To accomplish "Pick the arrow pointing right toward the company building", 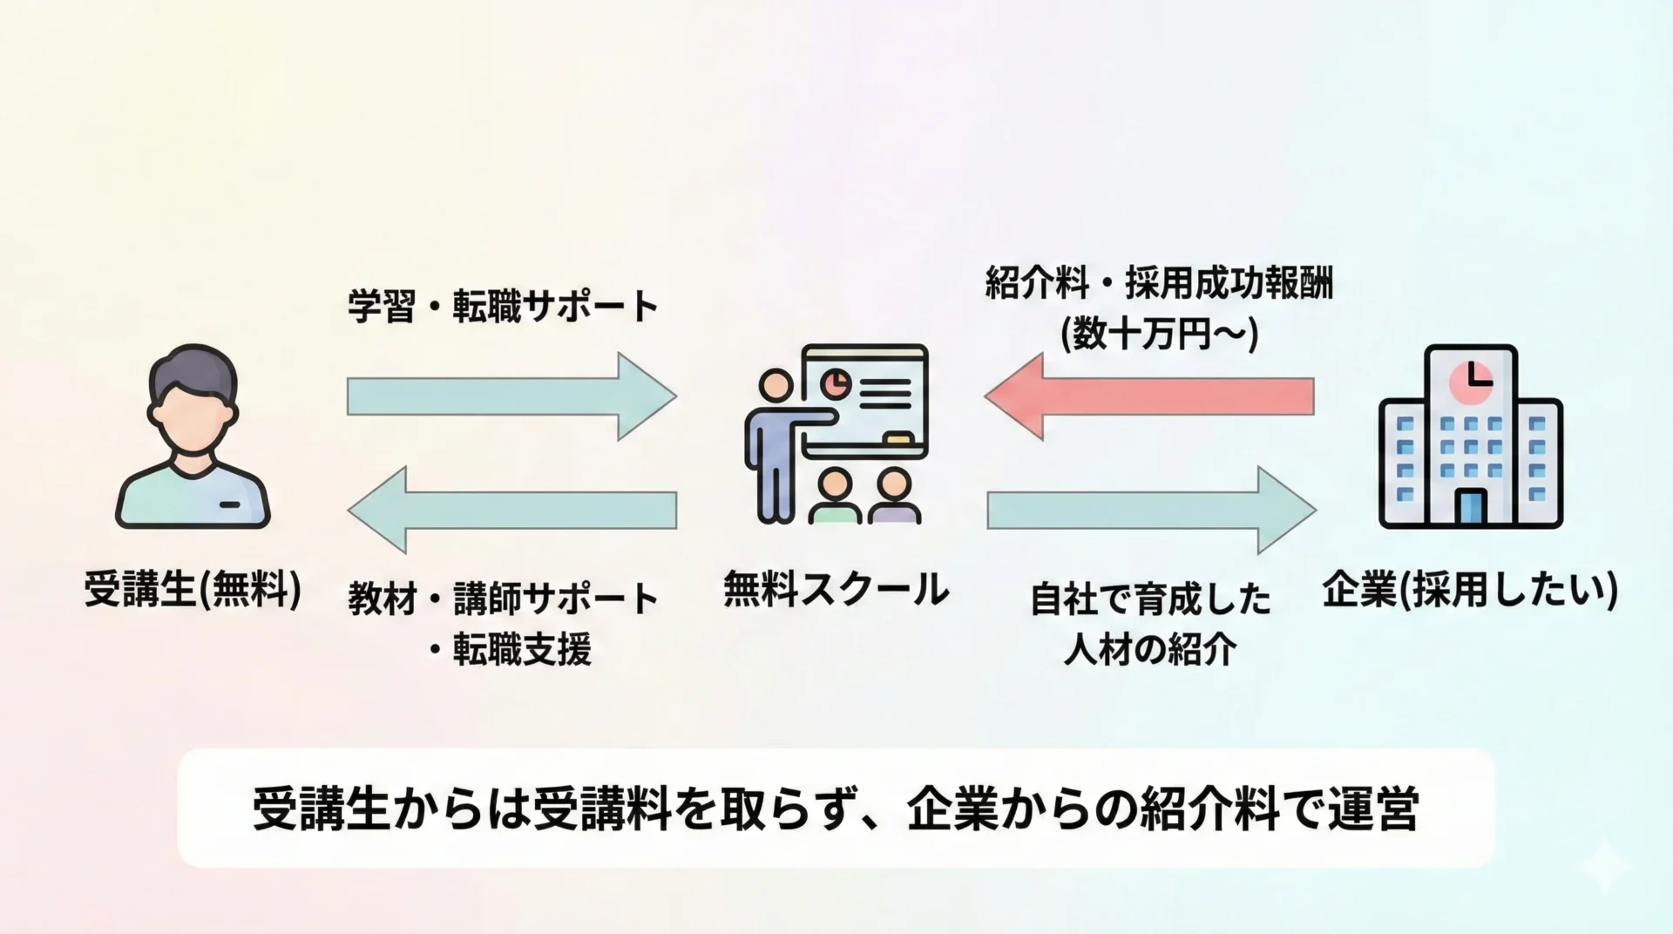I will pyautogui.click(x=1150, y=510).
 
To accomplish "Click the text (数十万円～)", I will pyautogui.click(x=1159, y=335).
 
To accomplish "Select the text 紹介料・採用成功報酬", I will pyautogui.click(x=1159, y=285).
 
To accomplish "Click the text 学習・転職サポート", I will pyautogui.click(x=503, y=307).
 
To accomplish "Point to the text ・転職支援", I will pyautogui.click(x=511, y=649).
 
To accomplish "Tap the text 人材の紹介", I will pyautogui.click(x=1150, y=649).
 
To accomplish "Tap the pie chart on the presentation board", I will pyautogui.click(x=836, y=381).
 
